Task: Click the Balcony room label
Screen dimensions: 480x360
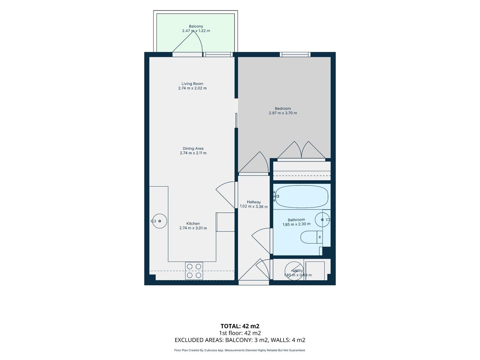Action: (196, 26)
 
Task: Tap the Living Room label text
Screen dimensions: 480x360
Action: (192, 84)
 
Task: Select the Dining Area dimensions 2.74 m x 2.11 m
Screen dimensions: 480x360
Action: (193, 153)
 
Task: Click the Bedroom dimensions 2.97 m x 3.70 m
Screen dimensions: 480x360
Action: (283, 113)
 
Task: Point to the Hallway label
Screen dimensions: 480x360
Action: (253, 202)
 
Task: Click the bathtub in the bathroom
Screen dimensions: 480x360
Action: (302, 196)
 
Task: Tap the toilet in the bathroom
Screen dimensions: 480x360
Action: (311, 237)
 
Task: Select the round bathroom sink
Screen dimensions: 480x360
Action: (322, 220)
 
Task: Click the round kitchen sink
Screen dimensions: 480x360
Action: (159, 221)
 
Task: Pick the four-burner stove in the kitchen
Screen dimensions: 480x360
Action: (194, 271)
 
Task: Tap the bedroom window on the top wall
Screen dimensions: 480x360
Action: (295, 54)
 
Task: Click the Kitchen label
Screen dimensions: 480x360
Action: (193, 223)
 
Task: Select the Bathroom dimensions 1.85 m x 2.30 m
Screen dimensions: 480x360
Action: (297, 224)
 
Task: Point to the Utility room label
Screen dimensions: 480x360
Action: (298, 271)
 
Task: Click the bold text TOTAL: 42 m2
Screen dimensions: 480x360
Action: (240, 326)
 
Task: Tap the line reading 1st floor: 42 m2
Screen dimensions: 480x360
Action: (240, 333)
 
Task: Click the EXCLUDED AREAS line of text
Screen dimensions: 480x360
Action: (240, 340)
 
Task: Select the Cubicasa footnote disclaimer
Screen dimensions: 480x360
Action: (240, 350)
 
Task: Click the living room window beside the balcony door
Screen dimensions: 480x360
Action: (218, 54)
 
